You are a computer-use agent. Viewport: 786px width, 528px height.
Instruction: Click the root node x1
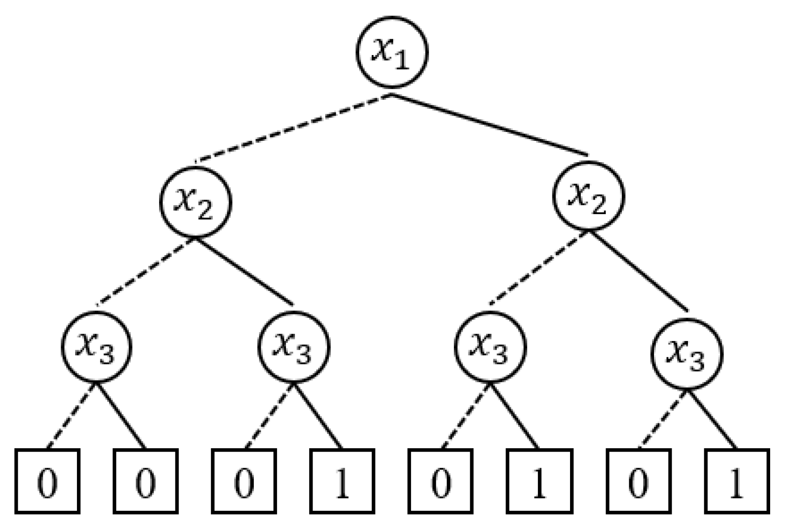coord(392,52)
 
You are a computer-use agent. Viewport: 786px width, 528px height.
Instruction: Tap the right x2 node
coord(588,195)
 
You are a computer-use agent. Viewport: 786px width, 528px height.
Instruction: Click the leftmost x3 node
coord(97,347)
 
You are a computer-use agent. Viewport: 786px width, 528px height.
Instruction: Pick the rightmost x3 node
coord(687,354)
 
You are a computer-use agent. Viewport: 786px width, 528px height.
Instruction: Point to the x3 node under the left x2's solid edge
coord(293,347)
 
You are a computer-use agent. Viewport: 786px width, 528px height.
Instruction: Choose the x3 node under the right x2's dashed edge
coord(490,347)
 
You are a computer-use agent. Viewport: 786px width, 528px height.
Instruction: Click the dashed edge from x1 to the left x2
coord(293,128)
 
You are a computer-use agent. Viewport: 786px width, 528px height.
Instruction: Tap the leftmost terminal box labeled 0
coord(47,481)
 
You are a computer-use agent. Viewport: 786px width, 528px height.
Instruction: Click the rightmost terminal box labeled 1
coord(737,481)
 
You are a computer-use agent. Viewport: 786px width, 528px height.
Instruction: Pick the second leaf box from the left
coord(146,481)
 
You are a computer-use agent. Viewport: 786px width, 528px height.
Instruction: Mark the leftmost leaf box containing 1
coord(342,481)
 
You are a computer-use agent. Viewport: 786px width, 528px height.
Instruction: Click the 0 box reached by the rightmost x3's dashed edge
coord(639,481)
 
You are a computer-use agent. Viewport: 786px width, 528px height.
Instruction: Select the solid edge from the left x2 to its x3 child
coord(244,271)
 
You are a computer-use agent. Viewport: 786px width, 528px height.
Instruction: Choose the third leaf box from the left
coord(244,481)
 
